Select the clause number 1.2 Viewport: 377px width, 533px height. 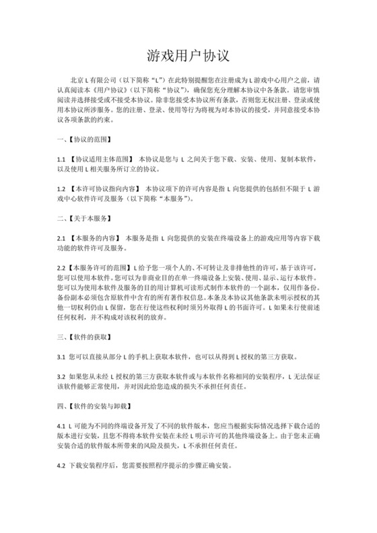click(x=60, y=190)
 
